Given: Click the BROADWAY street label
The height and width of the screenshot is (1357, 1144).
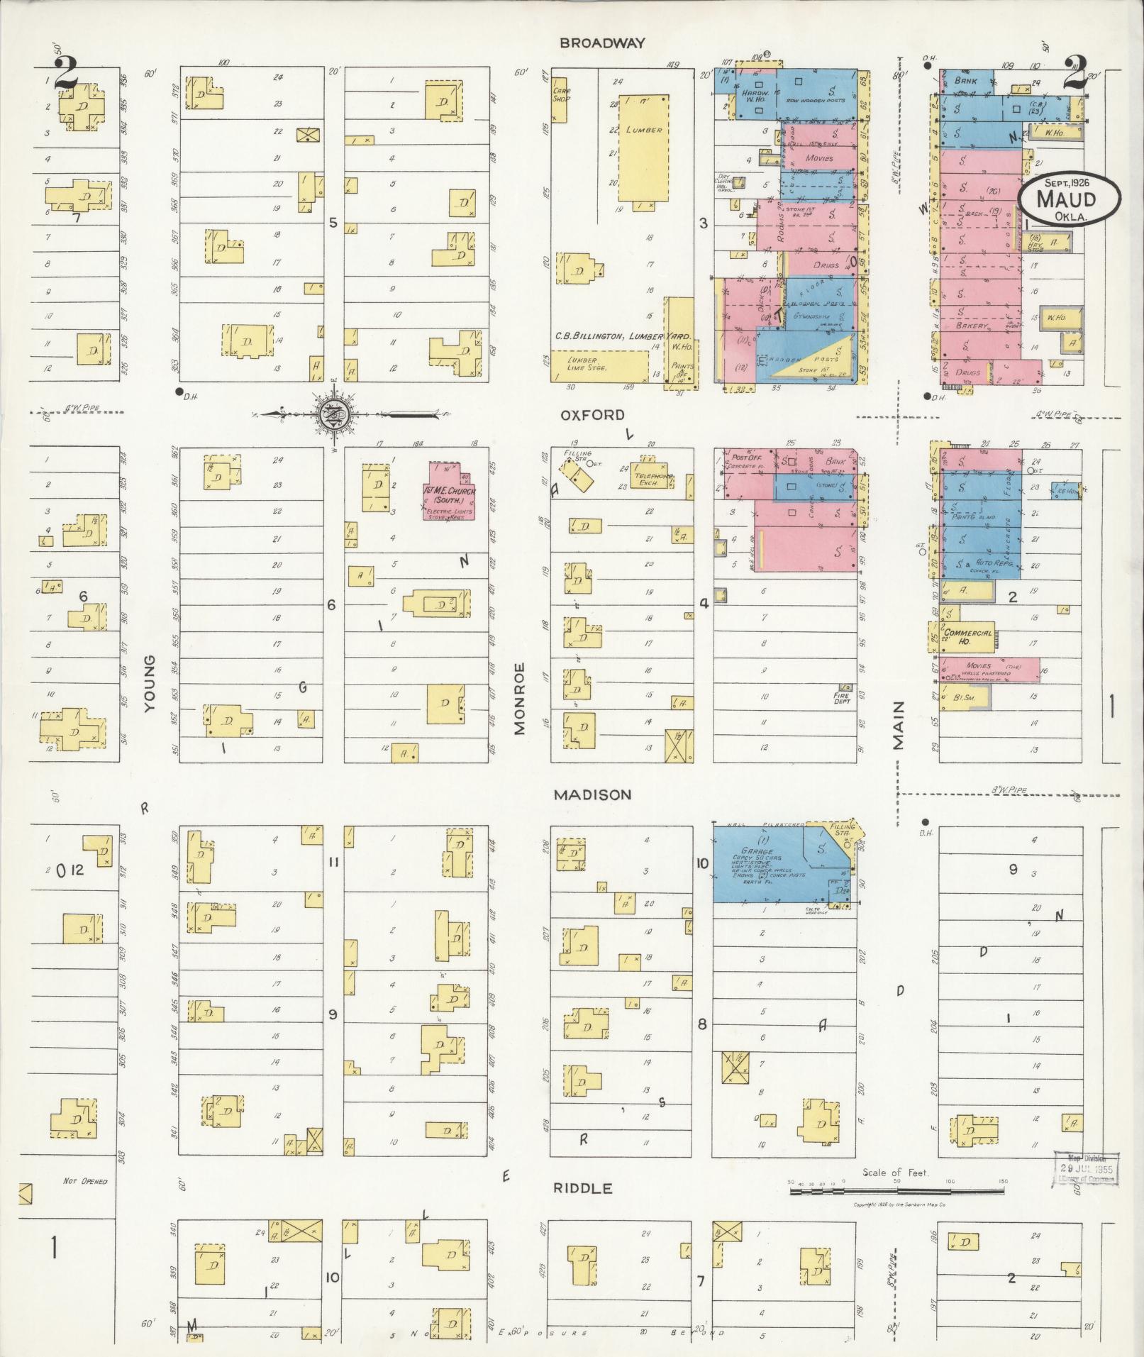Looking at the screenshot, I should (x=602, y=43).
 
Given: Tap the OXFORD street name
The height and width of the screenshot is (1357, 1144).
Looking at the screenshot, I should (x=592, y=415).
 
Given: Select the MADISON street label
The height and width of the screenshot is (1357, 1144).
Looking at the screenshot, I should (x=592, y=794).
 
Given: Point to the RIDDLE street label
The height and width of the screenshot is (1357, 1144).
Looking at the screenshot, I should (x=584, y=1188).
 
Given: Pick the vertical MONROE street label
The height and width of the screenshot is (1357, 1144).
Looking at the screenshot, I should (x=520, y=698).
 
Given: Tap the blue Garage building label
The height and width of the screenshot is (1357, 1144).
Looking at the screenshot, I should (x=756, y=851).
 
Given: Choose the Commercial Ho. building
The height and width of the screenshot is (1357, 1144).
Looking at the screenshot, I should (x=967, y=633).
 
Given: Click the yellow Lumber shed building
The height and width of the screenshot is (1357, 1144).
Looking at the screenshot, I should (x=643, y=148).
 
